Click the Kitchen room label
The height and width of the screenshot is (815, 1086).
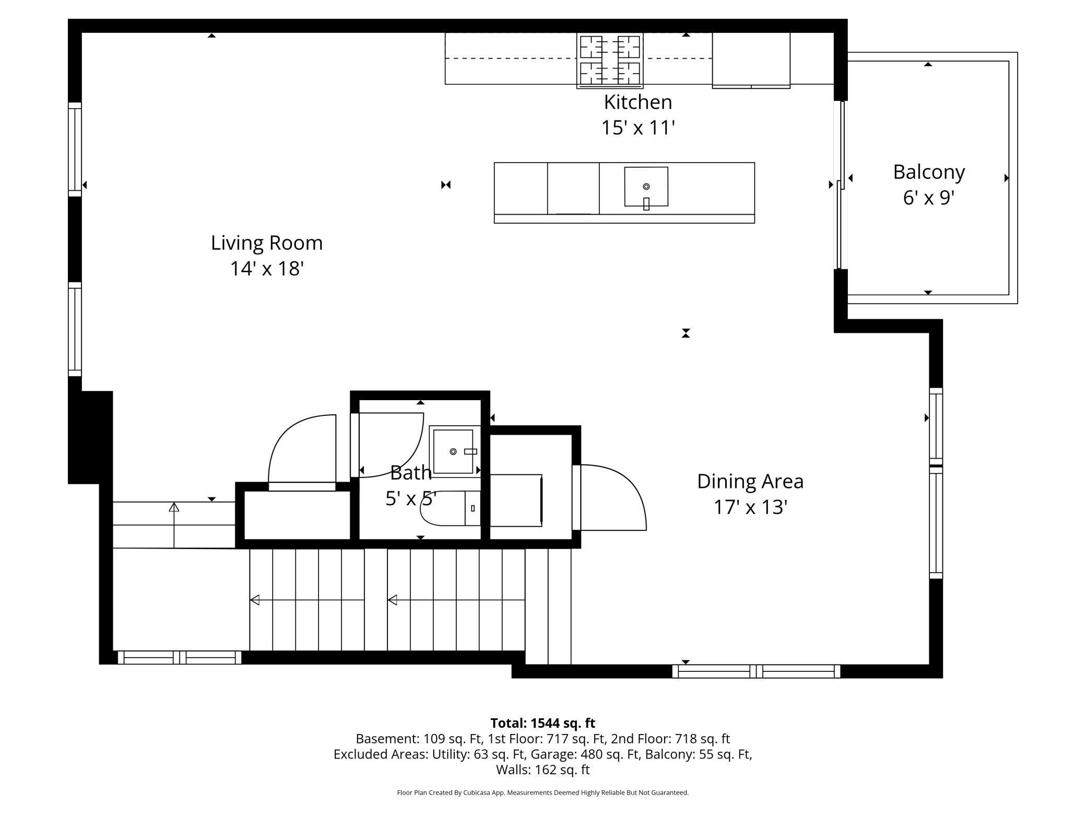tap(638, 102)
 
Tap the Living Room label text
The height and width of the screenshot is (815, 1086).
tap(267, 243)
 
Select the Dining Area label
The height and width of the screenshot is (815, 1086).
tap(750, 482)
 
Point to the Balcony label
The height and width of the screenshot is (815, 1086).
tap(929, 172)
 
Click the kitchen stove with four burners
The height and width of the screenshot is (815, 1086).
tap(610, 60)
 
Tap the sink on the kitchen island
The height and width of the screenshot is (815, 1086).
tap(646, 187)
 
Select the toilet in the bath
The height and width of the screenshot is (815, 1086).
tap(451, 508)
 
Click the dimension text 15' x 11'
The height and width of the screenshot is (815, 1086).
tap(638, 128)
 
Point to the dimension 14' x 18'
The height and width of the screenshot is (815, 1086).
tap(267, 269)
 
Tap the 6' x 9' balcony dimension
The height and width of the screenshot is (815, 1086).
tap(929, 198)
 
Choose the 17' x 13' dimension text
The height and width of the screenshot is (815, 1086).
tap(750, 507)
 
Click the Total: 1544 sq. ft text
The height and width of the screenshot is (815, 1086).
tap(542, 723)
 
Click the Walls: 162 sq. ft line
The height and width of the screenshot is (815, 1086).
tap(542, 770)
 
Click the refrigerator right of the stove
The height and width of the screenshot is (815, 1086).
tap(751, 60)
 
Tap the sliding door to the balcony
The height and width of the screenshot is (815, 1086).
tap(841, 185)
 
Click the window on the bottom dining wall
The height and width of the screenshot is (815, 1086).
tap(756, 671)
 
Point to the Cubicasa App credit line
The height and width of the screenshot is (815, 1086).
tap(542, 793)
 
